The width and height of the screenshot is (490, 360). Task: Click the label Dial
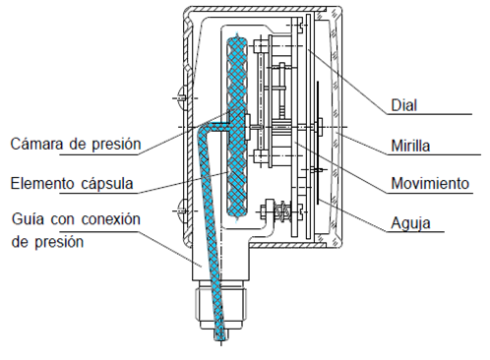coord(403,105)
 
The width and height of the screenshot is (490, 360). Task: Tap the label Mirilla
coord(410,146)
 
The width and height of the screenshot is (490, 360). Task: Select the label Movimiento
coord(430,183)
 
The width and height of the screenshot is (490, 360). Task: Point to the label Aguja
coord(410,223)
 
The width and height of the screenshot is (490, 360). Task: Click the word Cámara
coord(37,144)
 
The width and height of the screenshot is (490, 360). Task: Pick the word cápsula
coord(107,184)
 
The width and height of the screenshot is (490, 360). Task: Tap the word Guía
coord(28,218)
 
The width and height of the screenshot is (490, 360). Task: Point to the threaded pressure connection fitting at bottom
coord(220,305)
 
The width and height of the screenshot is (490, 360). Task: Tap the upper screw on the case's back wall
coord(181,97)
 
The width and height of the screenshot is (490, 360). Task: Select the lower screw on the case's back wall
coord(181,210)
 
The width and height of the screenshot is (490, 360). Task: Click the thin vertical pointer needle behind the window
coord(318,143)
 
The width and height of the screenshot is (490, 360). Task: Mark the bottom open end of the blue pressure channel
coord(220,337)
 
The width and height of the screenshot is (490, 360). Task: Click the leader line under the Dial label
coord(430,114)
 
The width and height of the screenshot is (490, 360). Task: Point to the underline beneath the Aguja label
coord(415,232)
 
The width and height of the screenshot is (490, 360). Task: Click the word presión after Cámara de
coord(116,144)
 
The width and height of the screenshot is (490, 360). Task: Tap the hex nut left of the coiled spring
coord(264,211)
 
